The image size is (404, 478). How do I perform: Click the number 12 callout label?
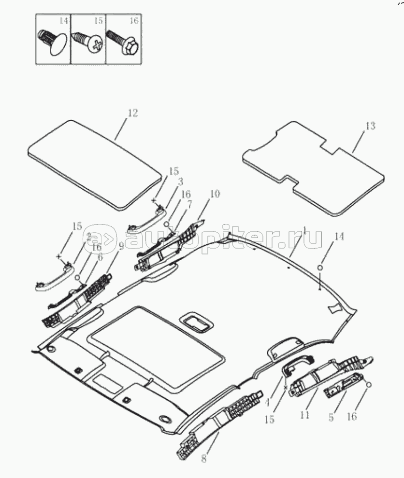pyautogui.click(x=132, y=113)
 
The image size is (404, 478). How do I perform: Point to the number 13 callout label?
pyautogui.click(x=370, y=126)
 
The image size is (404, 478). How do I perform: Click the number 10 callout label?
pyautogui.click(x=215, y=195)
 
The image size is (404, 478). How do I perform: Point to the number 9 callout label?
pyautogui.click(x=121, y=246)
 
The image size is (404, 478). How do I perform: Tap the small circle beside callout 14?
pyautogui.click(x=320, y=268)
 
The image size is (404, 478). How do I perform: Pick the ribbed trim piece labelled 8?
pyautogui.click(x=220, y=420)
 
